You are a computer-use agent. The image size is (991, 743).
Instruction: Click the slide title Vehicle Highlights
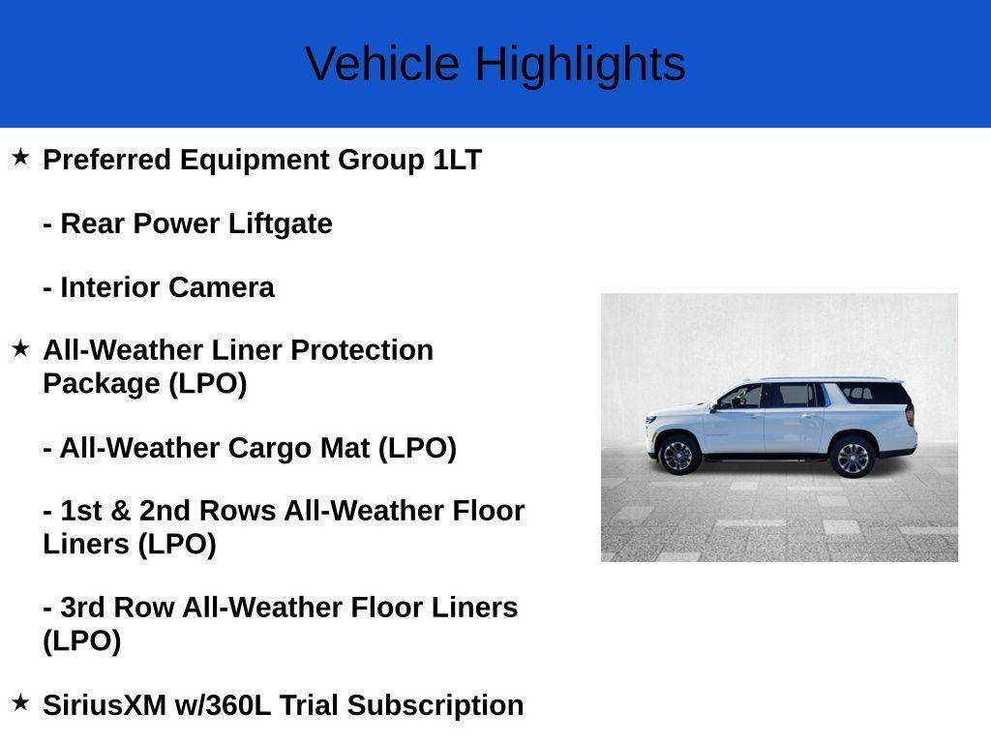(x=495, y=64)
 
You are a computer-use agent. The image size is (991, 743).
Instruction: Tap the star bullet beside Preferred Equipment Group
(x=20, y=157)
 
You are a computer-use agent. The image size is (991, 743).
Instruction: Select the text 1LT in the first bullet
(x=457, y=160)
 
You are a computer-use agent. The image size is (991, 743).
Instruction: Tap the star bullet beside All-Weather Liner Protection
(x=20, y=348)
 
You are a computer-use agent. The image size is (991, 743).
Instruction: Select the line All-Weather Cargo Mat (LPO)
(x=250, y=448)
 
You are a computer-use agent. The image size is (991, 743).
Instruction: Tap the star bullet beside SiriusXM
(x=20, y=703)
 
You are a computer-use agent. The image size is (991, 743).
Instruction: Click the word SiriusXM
(x=105, y=705)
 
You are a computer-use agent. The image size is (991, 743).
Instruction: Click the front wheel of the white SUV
(x=678, y=455)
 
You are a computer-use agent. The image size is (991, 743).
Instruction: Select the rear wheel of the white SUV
(x=853, y=458)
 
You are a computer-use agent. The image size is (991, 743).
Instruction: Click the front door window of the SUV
(x=742, y=397)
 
